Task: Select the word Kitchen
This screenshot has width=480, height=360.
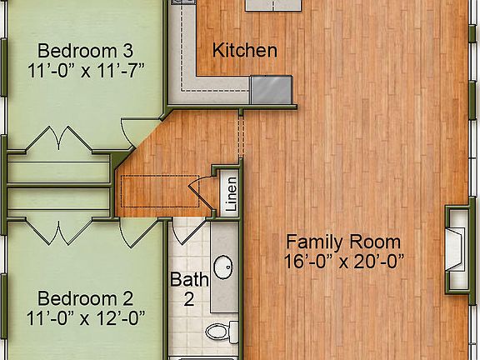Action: tap(245, 51)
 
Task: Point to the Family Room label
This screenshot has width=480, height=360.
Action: tap(343, 242)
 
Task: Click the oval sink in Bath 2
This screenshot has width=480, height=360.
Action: tap(223, 268)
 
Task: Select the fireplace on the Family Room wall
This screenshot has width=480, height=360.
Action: tap(456, 247)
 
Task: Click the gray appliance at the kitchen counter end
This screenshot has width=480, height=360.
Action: tap(271, 88)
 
